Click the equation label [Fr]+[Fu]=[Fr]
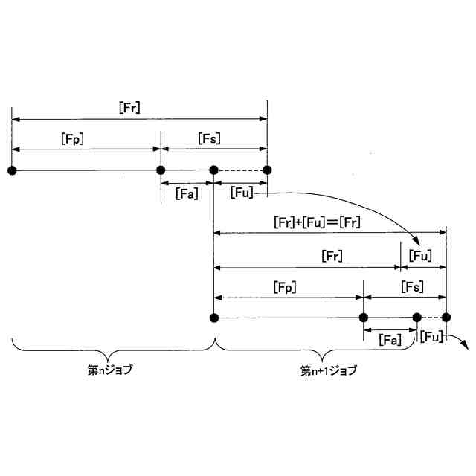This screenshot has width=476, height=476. tap(317, 222)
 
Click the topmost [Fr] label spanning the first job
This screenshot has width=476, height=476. tap(129, 107)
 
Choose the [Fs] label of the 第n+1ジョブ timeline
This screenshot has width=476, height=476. tap(412, 286)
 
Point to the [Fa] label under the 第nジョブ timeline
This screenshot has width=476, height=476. tap(186, 193)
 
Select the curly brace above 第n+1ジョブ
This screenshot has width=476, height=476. tap(330, 348)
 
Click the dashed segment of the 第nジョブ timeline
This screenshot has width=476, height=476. tap(240, 170)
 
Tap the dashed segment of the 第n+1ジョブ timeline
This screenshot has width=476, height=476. tap(431, 318)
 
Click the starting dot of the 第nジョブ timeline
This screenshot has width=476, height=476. tap(12, 170)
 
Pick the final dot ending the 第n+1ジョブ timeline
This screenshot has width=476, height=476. tap(446, 318)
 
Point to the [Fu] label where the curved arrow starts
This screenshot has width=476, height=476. tap(242, 193)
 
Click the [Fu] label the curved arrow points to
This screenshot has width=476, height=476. tap(422, 257)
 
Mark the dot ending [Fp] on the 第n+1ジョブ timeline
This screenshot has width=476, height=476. tap(364, 318)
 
